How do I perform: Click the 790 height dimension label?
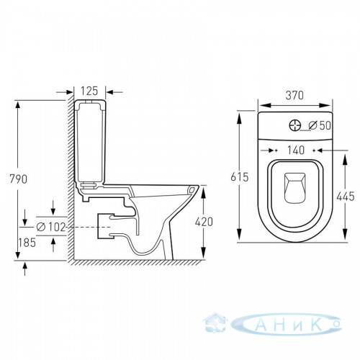pos(18,179)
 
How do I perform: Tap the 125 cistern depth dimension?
pos(89,91)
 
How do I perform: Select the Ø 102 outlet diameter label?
pos(51,227)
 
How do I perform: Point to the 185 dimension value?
pos(27,243)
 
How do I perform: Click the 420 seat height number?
pos(204,222)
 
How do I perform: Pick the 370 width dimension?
pos(294,96)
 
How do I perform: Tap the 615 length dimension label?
pos(239,177)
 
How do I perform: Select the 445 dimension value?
pos(346,197)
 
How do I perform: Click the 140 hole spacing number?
pos(296,150)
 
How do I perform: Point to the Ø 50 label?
pos(320,125)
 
